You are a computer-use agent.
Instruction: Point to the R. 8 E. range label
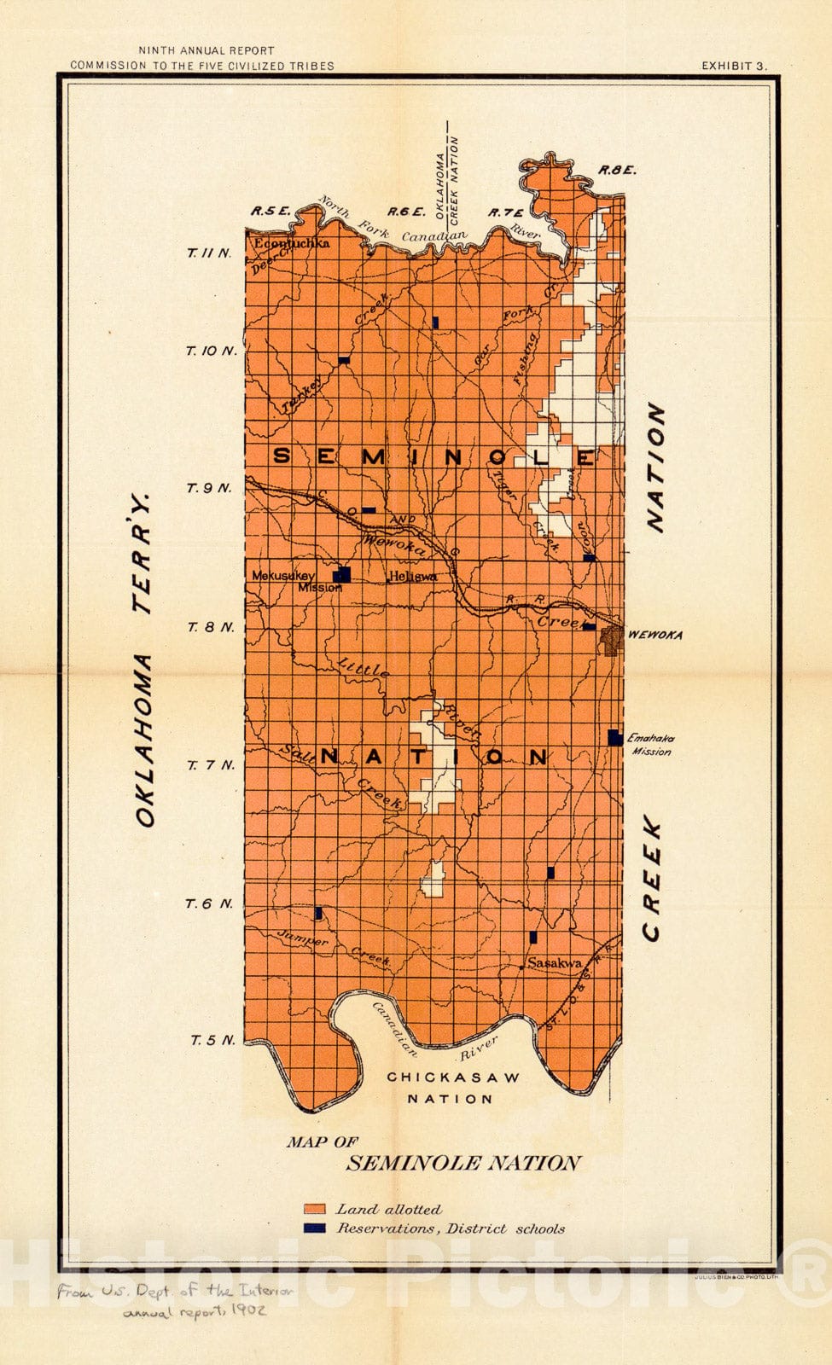(617, 171)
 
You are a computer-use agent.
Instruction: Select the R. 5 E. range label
(271, 212)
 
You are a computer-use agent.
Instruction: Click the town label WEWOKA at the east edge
(655, 636)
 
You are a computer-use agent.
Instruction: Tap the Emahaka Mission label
(650, 745)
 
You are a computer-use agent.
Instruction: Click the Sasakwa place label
(555, 963)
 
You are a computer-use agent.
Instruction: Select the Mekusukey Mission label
(290, 580)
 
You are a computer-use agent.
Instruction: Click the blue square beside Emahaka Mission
(615, 738)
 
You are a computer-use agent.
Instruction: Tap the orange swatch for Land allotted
(315, 1209)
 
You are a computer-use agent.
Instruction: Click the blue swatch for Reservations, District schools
(315, 1228)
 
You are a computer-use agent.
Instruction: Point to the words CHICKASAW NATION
(452, 1088)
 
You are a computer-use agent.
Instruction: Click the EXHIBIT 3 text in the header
(734, 66)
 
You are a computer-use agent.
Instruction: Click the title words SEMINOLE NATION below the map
(463, 1163)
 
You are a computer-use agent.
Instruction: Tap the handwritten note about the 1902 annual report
(175, 1301)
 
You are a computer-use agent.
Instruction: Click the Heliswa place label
(413, 577)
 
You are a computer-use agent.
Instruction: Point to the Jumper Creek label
(333, 949)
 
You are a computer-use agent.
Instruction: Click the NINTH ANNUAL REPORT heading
(206, 51)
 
